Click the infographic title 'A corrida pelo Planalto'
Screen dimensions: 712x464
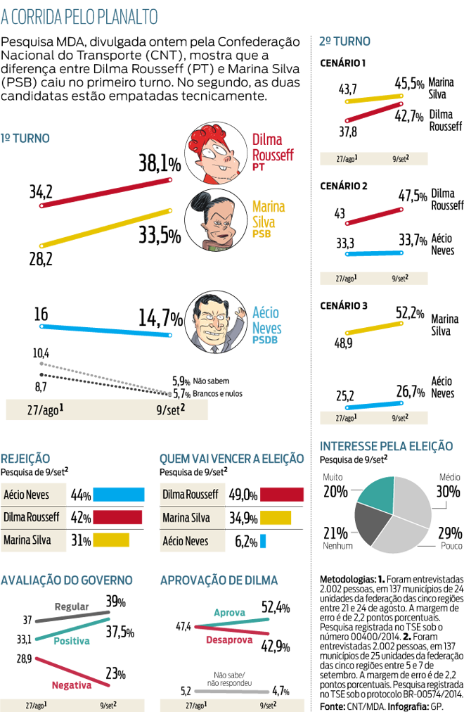tap(79, 16)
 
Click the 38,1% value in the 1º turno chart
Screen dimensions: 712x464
tap(160, 164)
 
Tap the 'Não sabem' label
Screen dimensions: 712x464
tap(210, 381)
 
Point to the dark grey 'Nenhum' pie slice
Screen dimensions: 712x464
tap(372, 527)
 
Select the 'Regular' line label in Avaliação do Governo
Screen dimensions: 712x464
tap(71, 606)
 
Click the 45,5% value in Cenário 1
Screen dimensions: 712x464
tap(409, 84)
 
